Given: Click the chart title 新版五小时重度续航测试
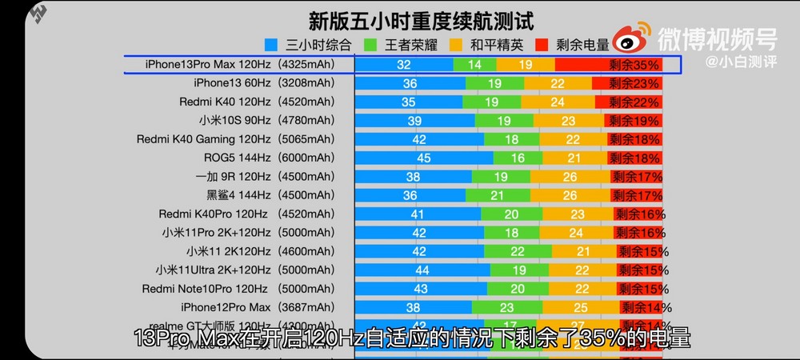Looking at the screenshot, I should [421, 21].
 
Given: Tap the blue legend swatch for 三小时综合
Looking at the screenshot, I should [270, 45].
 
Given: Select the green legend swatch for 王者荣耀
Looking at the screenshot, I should [369, 45].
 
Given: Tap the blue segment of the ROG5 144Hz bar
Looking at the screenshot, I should [423, 158].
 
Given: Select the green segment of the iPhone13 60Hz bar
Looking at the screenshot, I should [494, 83].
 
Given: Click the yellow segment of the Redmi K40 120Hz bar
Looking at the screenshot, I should [557, 102].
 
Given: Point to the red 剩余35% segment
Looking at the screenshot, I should [616, 65].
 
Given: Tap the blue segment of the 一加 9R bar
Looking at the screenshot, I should [413, 177].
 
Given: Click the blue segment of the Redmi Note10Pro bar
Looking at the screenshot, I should [420, 289].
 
